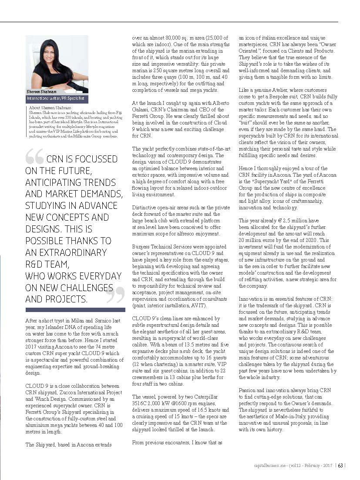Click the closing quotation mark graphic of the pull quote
point(115,295)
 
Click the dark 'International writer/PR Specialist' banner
point(57,99)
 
